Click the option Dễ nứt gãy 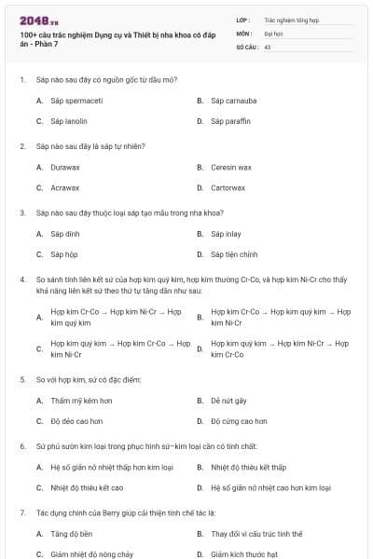228,401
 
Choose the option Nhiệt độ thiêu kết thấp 248,467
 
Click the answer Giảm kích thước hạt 244,554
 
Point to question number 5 21,380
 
